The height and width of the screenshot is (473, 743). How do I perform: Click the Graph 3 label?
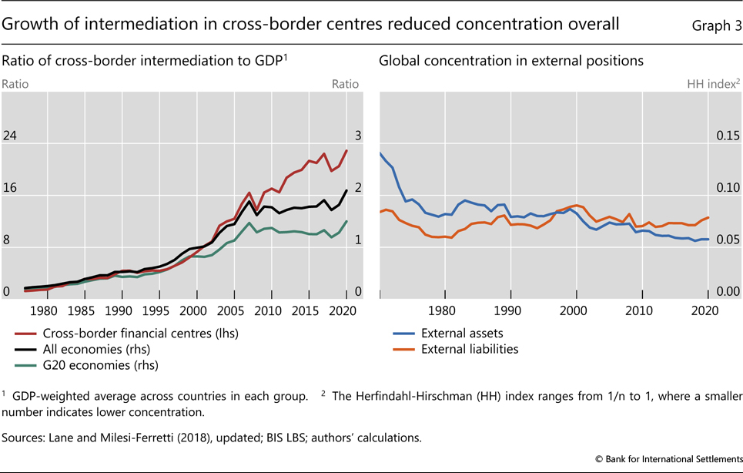(x=716, y=25)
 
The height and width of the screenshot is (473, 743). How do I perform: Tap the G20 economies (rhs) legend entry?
(x=100, y=365)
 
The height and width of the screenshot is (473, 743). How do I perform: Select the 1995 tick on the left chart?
(x=156, y=310)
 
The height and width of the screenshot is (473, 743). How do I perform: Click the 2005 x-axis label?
(x=230, y=310)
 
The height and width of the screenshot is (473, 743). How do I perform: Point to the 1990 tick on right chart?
(x=507, y=310)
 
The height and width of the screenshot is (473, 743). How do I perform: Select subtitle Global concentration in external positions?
(x=510, y=60)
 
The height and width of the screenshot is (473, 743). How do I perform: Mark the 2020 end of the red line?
(x=346, y=150)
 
